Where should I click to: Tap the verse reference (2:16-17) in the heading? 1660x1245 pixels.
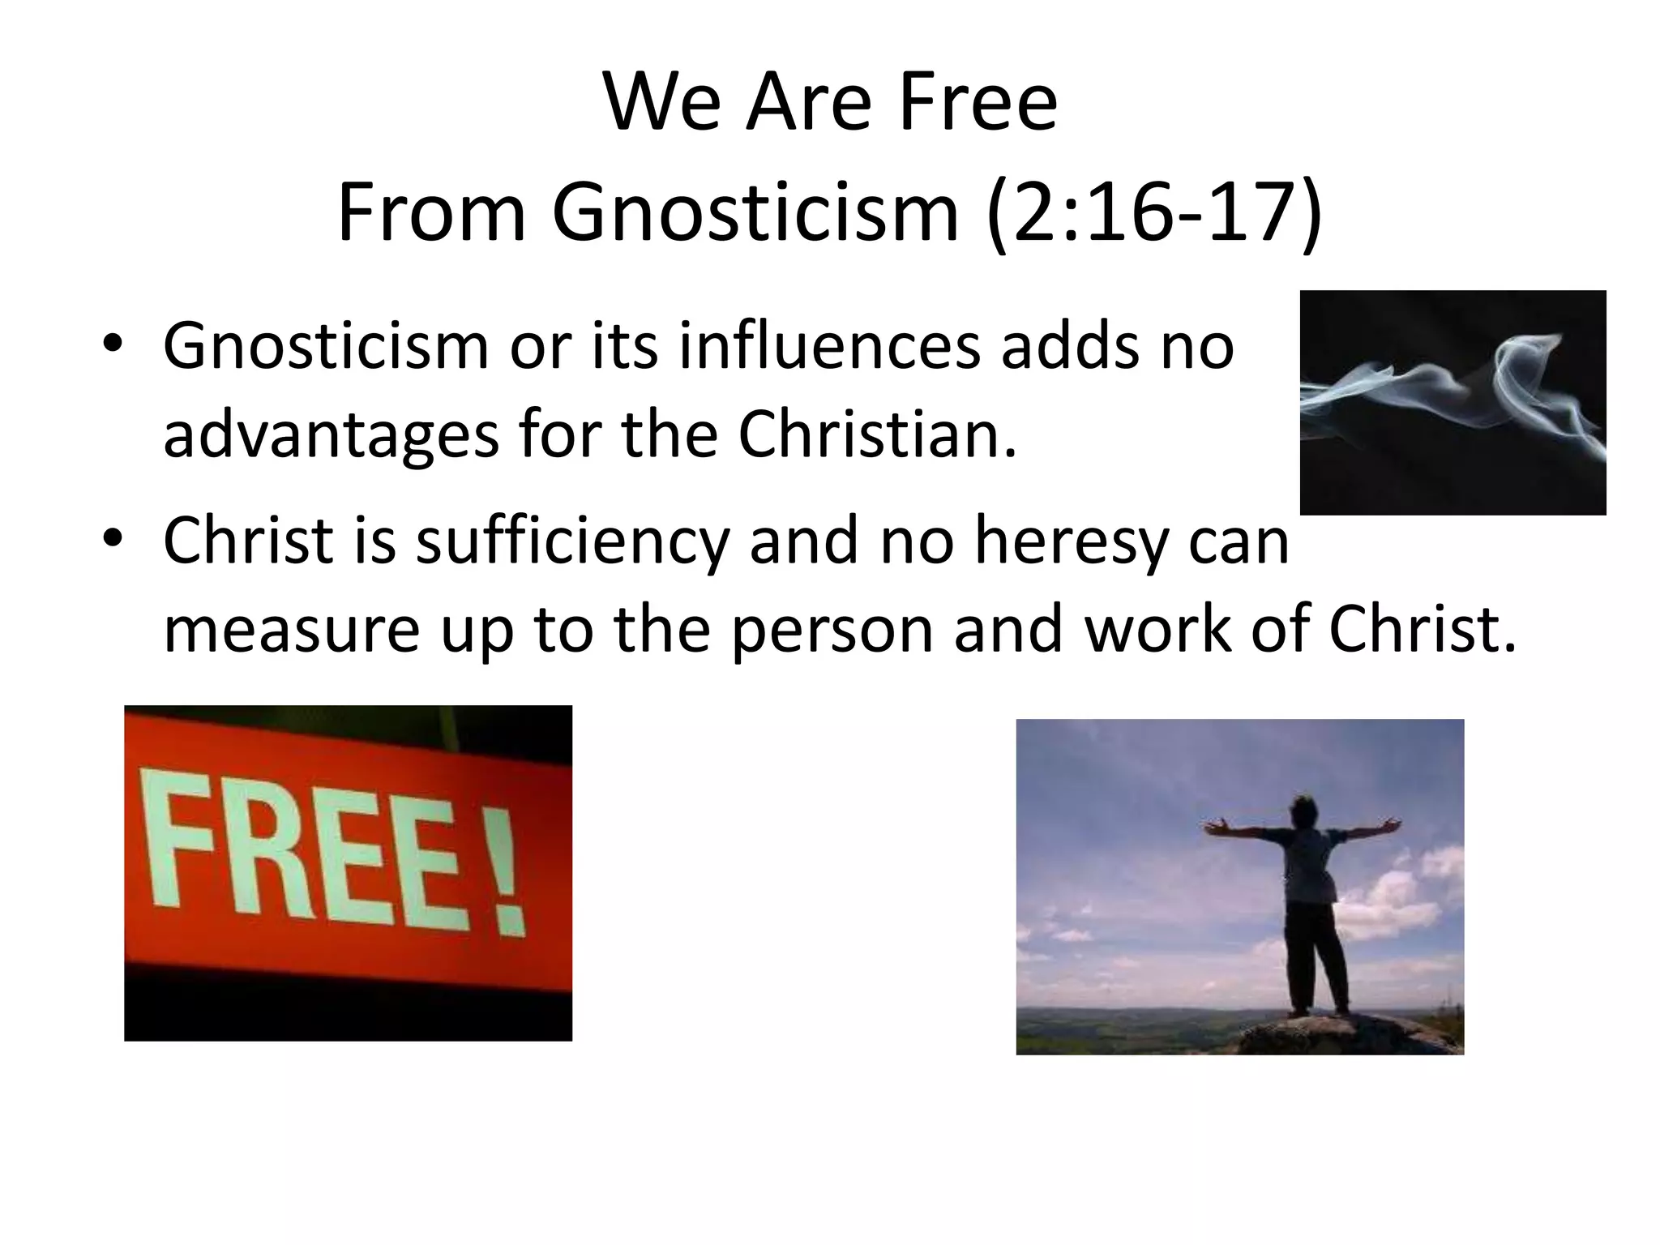click(x=1154, y=212)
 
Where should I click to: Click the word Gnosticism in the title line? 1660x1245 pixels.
click(x=755, y=212)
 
